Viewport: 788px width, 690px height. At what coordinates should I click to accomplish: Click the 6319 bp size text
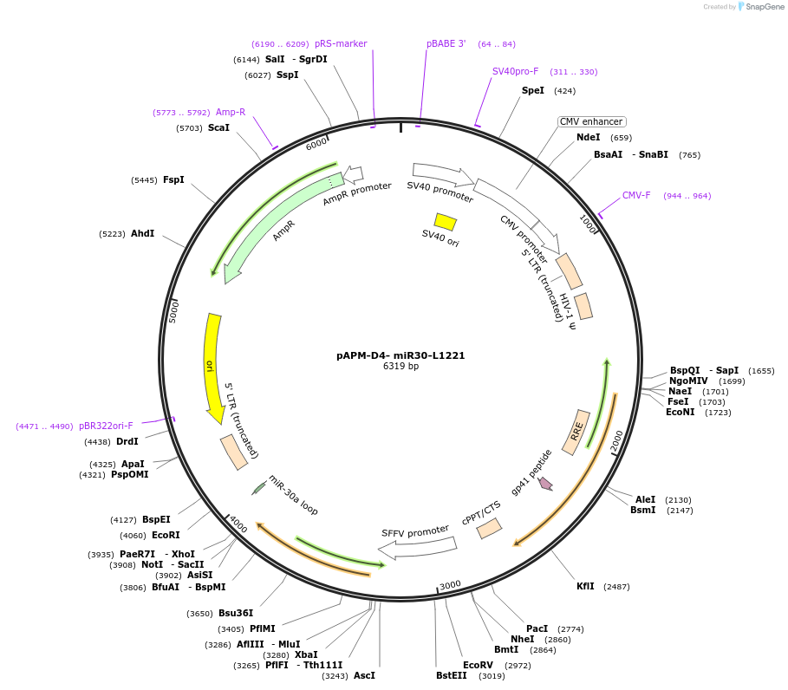click(x=401, y=367)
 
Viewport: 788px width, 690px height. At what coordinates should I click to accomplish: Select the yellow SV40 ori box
click(x=446, y=222)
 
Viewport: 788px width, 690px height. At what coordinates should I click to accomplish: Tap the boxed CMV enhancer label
click(x=591, y=122)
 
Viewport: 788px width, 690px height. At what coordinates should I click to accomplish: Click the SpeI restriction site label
click(x=533, y=90)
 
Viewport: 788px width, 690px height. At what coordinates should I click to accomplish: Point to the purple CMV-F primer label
click(x=636, y=195)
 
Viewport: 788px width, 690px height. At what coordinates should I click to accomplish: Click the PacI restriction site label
click(x=537, y=628)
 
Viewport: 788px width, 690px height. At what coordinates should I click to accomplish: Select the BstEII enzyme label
click(x=451, y=676)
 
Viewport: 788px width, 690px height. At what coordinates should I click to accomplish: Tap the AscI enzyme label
click(x=364, y=676)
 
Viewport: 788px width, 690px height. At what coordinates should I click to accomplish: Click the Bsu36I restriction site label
click(x=236, y=614)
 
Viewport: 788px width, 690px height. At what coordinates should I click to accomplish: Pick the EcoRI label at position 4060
click(x=166, y=536)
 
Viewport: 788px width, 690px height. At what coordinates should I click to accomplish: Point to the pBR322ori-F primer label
click(x=106, y=426)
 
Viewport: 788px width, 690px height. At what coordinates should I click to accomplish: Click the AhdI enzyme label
click(x=142, y=233)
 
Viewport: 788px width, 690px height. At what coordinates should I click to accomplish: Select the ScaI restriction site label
click(x=218, y=127)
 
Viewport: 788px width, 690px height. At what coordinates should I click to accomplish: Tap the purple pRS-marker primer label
click(x=341, y=43)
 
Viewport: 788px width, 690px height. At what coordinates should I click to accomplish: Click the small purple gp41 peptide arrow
click(x=545, y=483)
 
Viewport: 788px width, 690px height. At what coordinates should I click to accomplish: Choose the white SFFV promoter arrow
click(x=418, y=547)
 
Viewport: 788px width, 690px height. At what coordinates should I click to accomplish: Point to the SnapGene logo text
click(x=765, y=7)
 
